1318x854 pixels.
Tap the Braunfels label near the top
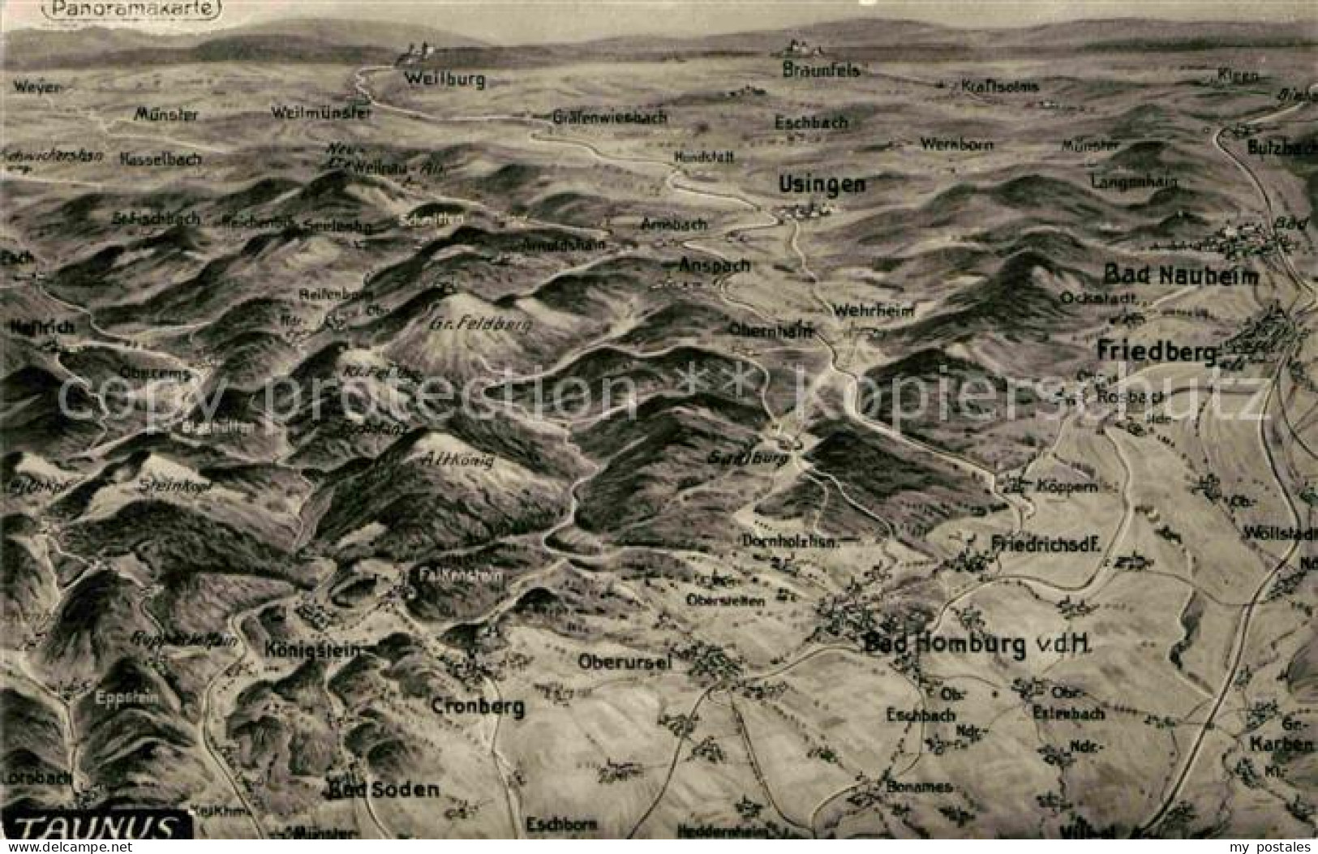821,71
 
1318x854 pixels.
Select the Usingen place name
822,184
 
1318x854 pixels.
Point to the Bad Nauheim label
1182,276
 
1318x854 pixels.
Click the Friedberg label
1157,351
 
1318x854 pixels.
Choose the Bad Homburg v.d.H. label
978,645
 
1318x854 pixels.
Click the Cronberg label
478,706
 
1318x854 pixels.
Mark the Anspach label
714,265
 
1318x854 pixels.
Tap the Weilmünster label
322,113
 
